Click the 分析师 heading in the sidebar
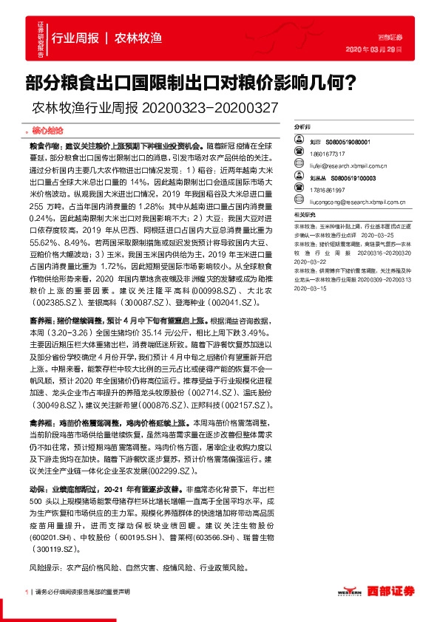pos(302,127)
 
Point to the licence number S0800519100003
pos(354,178)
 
